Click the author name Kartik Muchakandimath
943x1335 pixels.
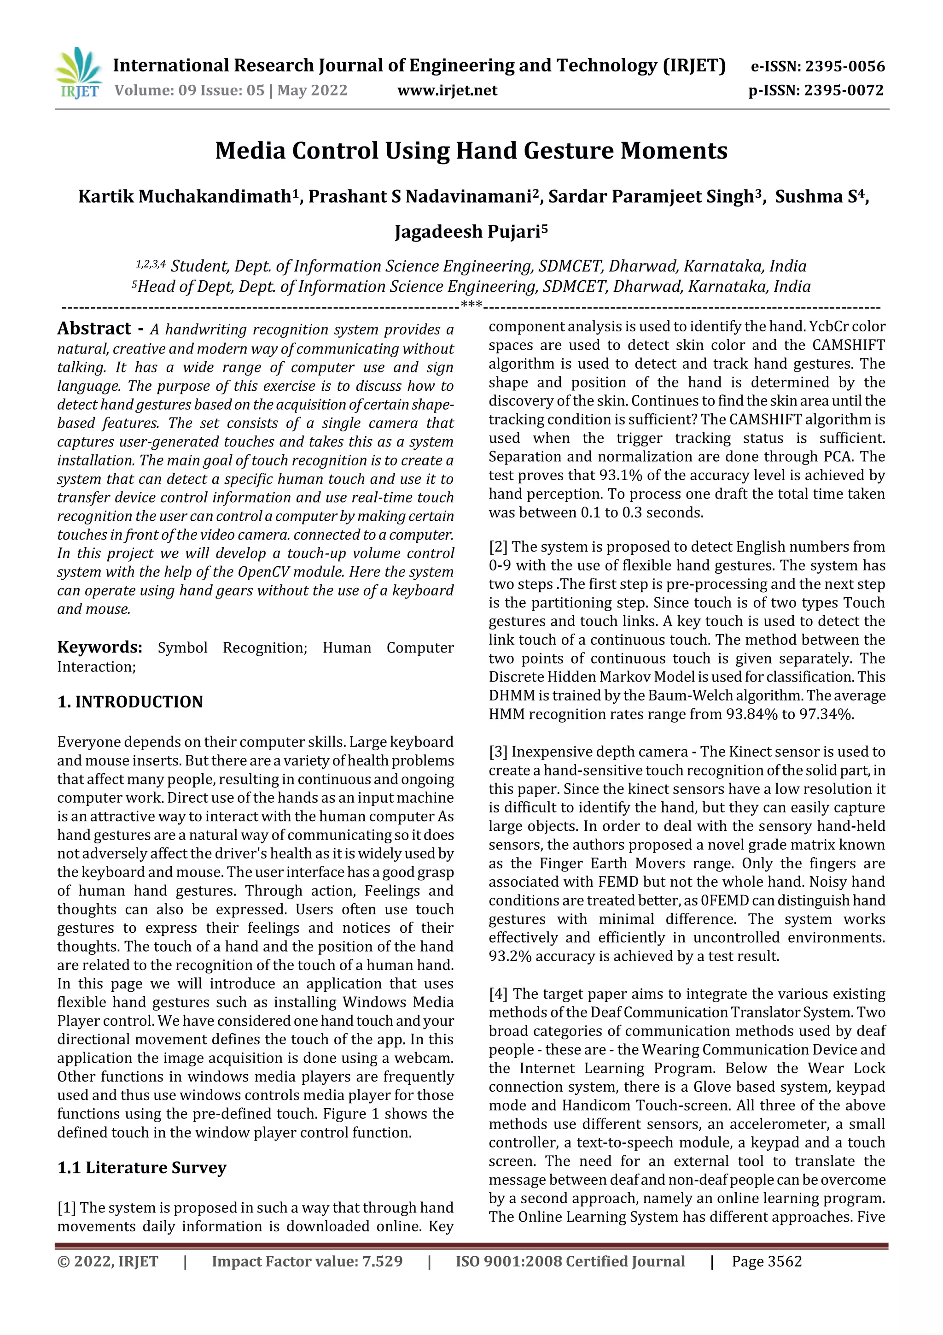click(x=184, y=196)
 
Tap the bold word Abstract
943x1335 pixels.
click(x=94, y=329)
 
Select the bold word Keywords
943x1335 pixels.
click(x=99, y=647)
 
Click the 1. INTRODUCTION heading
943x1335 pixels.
click(x=130, y=702)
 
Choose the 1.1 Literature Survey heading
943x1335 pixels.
click(x=142, y=1168)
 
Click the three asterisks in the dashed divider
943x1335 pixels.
click(x=471, y=305)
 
